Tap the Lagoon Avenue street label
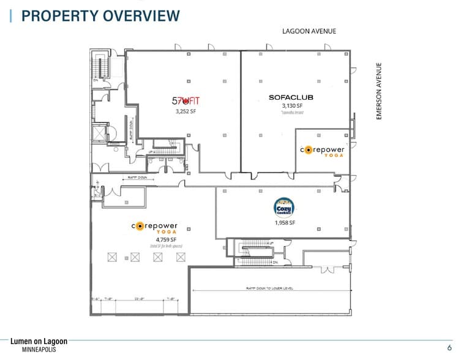click(309, 31)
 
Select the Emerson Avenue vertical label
click(378, 91)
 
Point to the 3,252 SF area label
click(186, 112)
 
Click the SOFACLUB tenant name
click(292, 97)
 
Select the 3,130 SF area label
click(293, 106)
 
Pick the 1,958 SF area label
click(284, 223)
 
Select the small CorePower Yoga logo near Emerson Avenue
click(322, 151)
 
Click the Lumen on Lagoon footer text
click(39, 340)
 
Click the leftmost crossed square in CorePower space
click(111, 258)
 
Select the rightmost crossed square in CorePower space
click(181, 258)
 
